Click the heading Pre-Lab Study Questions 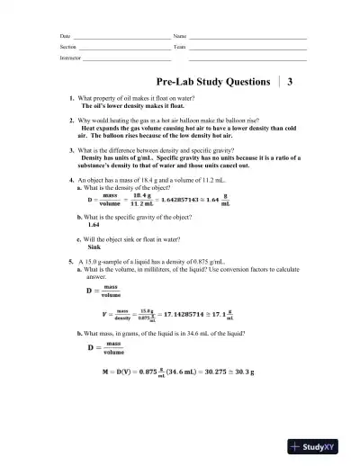(213, 81)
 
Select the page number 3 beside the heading (291, 81)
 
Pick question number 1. (71, 97)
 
